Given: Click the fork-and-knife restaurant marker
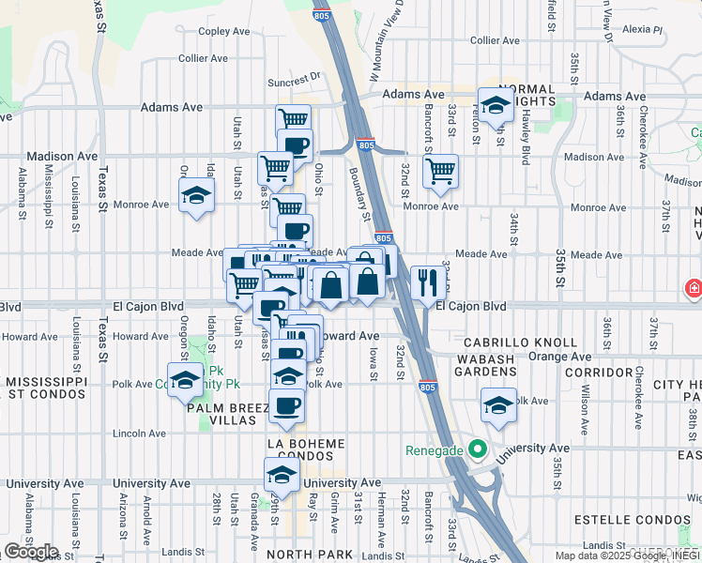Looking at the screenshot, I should [x=427, y=281].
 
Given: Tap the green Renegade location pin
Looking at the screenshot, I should [x=478, y=449].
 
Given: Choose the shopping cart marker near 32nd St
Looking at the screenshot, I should [x=440, y=172].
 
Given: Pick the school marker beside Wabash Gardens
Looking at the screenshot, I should [x=497, y=405].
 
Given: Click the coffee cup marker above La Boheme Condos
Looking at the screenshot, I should [x=287, y=406].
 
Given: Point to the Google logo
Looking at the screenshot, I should [x=31, y=551].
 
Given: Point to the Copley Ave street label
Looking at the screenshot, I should [x=223, y=31].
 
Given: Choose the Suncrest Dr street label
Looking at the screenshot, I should [x=294, y=78].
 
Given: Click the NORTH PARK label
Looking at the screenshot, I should [x=308, y=555].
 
